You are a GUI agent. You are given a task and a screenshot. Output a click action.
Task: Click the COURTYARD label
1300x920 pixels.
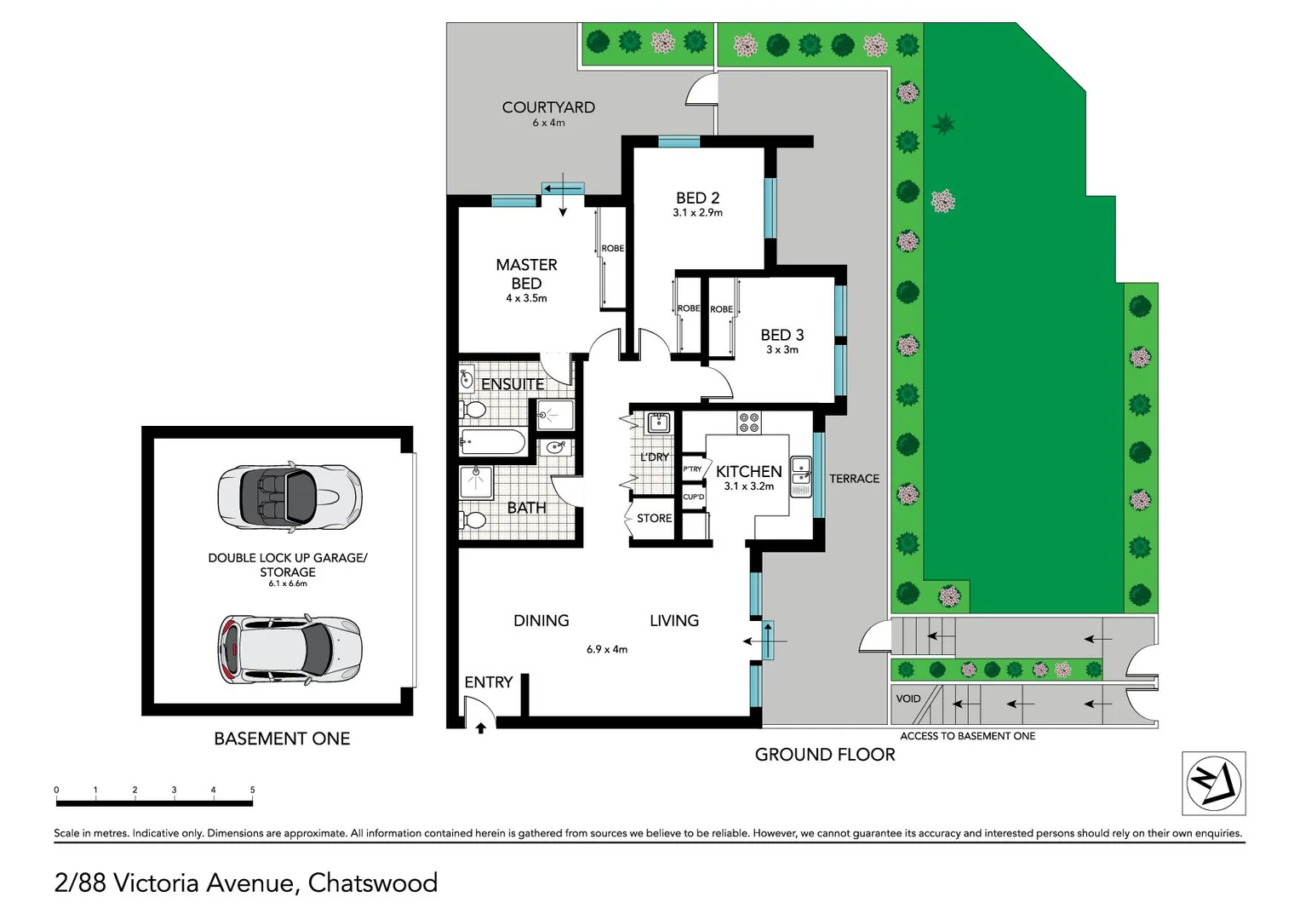[548, 107]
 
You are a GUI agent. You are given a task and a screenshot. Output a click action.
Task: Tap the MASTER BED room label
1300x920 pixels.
[526, 273]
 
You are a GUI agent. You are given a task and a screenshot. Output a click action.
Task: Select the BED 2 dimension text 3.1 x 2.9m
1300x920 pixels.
[697, 213]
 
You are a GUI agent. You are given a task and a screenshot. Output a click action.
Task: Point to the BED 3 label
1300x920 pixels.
[782, 335]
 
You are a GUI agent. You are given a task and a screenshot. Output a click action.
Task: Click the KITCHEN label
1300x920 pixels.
[748, 471]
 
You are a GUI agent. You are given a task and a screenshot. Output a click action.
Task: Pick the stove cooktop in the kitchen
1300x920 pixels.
[749, 423]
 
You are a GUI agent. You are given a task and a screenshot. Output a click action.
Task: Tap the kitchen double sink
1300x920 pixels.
[800, 476]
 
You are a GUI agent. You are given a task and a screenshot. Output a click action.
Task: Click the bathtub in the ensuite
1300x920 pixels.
[493, 442]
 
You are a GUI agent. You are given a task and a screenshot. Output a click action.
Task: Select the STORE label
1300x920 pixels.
[654, 518]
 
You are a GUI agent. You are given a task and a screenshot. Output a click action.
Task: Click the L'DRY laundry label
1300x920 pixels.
[655, 457]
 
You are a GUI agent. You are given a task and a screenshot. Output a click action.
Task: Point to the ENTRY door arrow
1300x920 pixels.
[481, 727]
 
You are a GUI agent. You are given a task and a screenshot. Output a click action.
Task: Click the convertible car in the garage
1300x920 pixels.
[289, 497]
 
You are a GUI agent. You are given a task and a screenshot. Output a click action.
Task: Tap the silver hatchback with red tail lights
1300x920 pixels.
[289, 650]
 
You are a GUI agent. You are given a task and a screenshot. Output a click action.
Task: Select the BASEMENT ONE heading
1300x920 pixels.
[282, 739]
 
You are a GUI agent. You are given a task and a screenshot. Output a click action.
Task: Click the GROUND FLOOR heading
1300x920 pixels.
[824, 755]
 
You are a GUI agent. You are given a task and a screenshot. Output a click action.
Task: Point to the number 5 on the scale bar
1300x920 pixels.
[252, 790]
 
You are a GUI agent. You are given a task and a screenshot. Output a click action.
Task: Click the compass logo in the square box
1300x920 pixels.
[1214, 783]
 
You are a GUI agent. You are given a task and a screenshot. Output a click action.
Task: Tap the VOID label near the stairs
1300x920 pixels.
[908, 699]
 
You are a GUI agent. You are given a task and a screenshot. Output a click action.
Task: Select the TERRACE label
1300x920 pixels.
[854, 479]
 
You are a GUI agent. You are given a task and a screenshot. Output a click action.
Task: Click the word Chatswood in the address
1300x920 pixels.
[372, 883]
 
